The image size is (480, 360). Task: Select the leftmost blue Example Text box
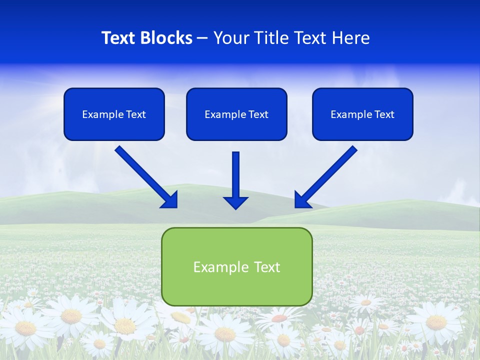[114, 114]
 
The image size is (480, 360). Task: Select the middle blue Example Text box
[236, 114]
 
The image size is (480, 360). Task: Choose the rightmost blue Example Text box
[362, 114]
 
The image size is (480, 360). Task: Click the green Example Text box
[236, 266]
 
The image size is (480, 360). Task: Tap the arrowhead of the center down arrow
[236, 202]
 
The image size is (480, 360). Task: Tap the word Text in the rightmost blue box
[384, 114]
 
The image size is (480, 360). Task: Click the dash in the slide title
[202, 38]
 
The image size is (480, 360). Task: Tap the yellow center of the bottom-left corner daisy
[25, 328]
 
